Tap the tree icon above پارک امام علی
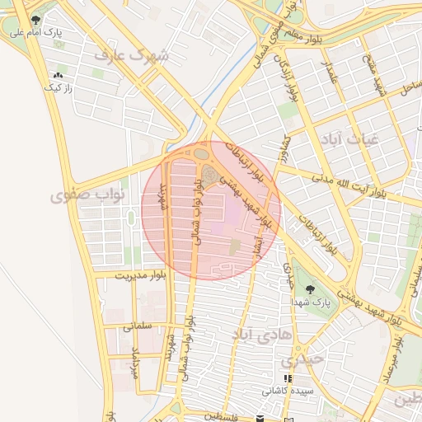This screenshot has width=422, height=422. [34, 19]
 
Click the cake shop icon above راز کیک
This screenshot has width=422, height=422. [58, 74]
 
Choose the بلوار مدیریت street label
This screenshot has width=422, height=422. [140, 275]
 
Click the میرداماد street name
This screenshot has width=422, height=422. [136, 363]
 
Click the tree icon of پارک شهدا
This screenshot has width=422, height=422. [309, 289]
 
